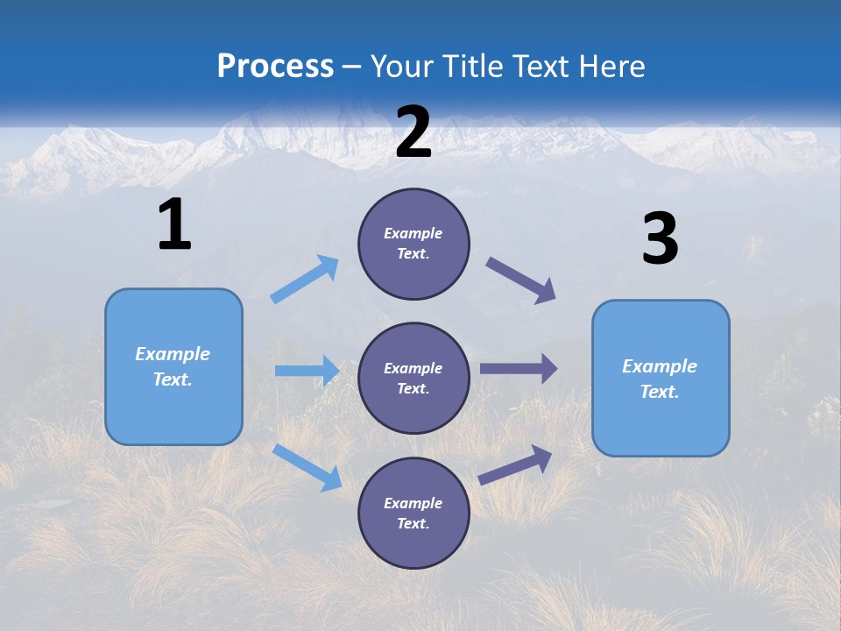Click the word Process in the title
point(275,67)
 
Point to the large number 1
point(174,225)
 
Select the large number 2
point(413,132)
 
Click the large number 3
point(660,239)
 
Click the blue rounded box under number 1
point(173,366)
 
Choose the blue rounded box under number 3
point(661,378)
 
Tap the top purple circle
point(413,244)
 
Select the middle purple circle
point(413,378)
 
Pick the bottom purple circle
point(413,513)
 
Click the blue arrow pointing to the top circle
point(305,280)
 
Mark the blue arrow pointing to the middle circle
point(307,371)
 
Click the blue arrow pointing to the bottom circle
point(307,466)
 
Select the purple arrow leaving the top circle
point(520,280)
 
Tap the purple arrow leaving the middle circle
point(518,368)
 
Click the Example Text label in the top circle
point(413,244)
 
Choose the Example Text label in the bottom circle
point(413,513)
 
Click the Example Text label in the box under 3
point(660,379)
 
